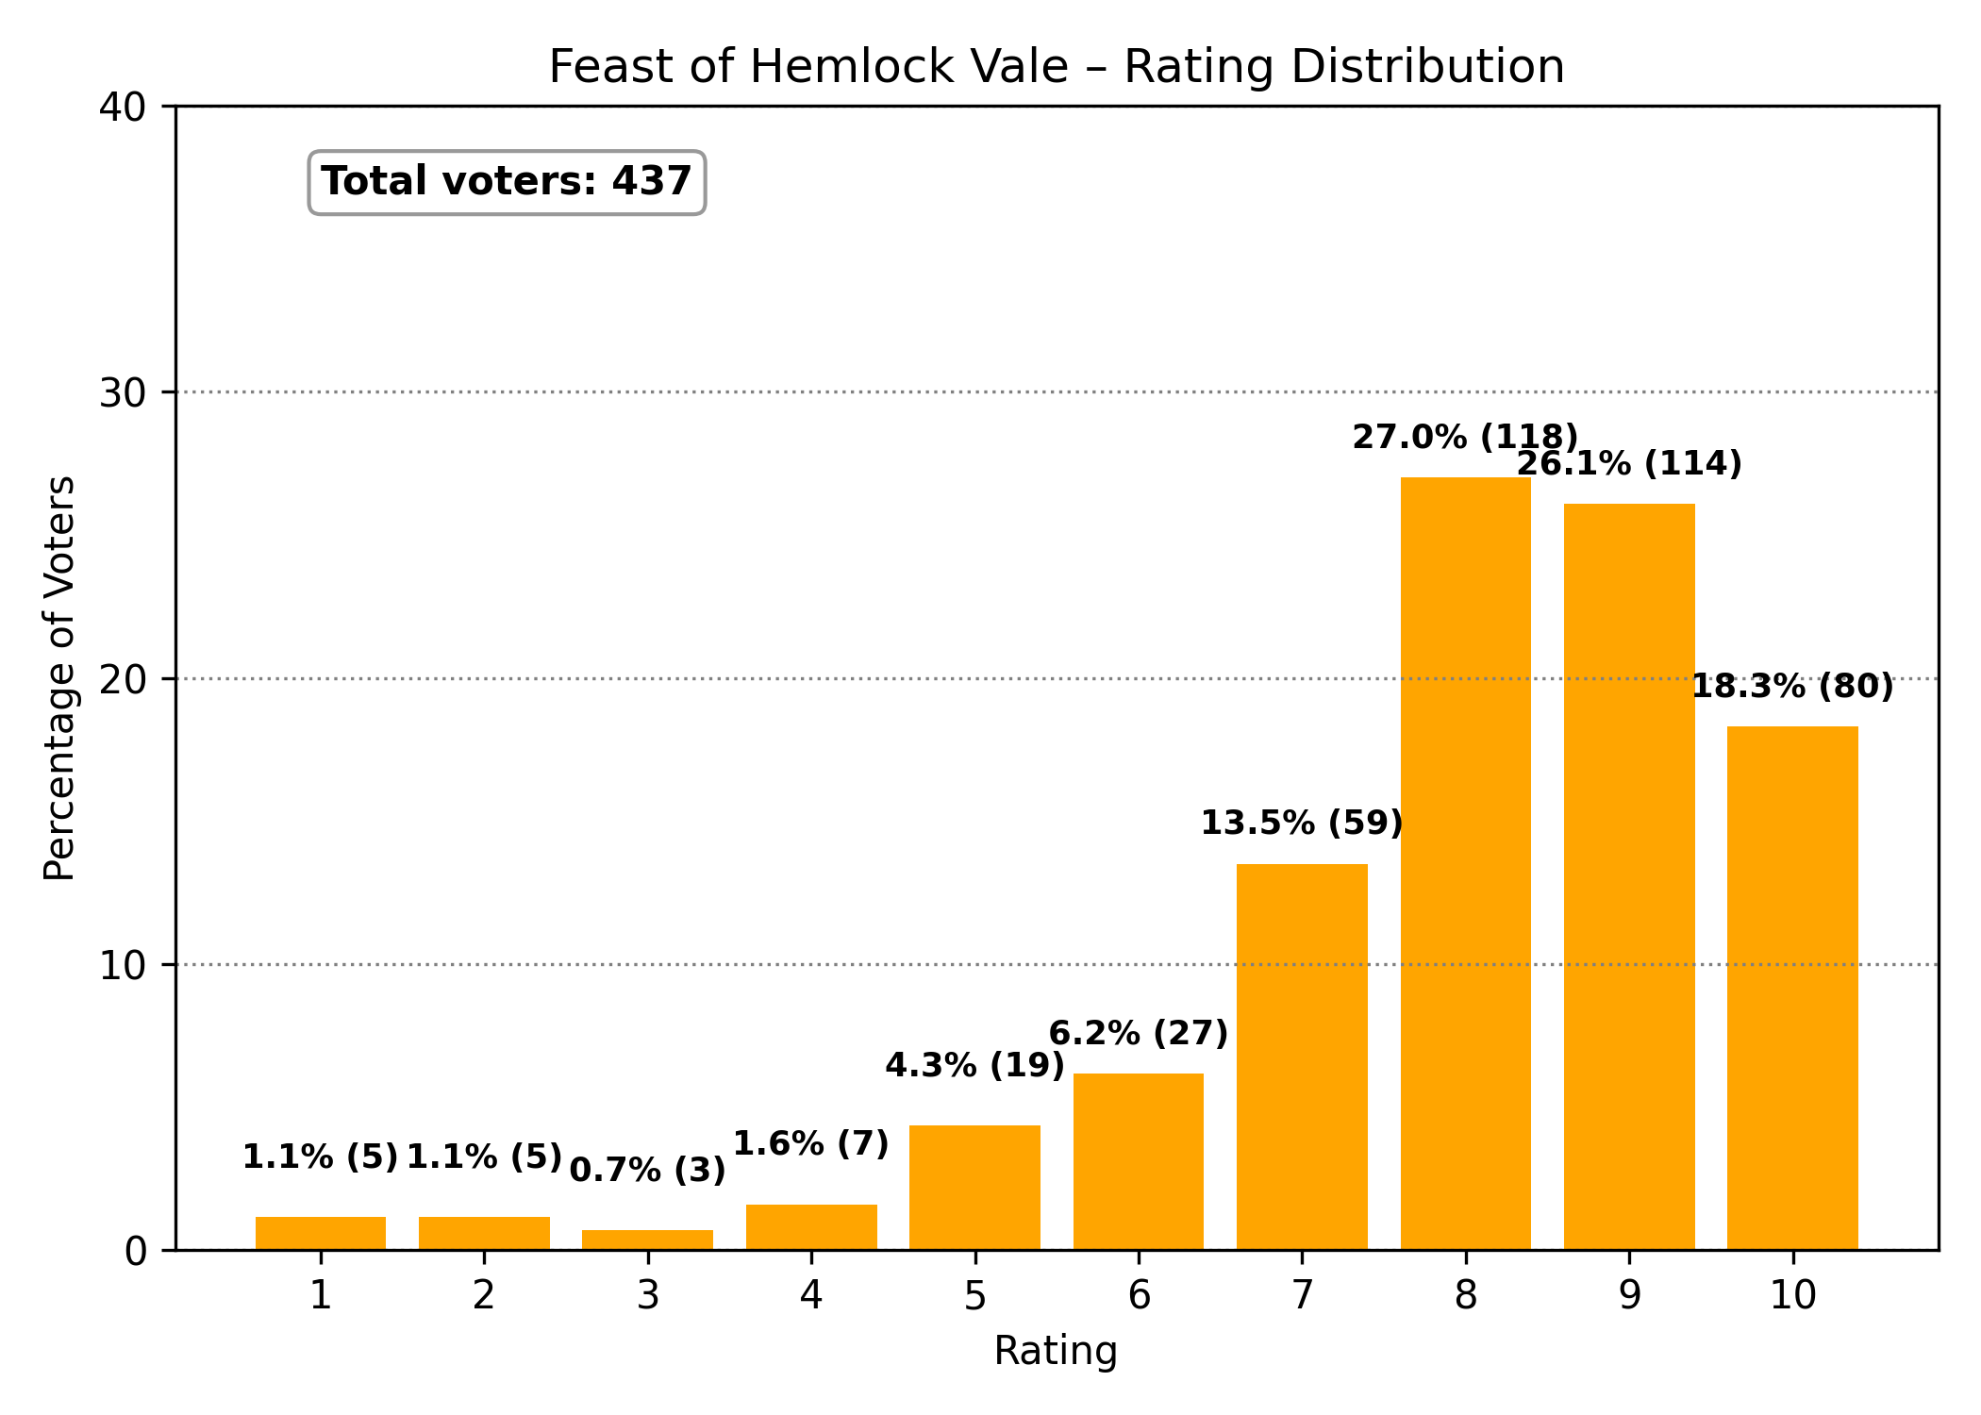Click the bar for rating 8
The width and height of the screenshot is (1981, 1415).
pos(1465,863)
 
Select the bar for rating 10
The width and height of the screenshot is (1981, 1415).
pos(1792,988)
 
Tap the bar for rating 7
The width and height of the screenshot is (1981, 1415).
pos(1302,1057)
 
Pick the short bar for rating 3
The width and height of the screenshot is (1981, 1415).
pos(647,1240)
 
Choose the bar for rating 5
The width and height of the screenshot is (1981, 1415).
pos(974,1187)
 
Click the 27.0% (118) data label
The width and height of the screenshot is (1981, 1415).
pos(1465,438)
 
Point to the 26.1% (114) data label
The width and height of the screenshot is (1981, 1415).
pos(1629,464)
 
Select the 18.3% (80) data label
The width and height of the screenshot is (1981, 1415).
pos(1792,687)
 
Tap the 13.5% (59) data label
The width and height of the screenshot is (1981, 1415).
pos(1302,824)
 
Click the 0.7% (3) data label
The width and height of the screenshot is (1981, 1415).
pos(647,1171)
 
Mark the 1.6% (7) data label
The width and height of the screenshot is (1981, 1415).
pos(811,1144)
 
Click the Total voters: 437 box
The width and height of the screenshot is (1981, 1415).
pos(507,182)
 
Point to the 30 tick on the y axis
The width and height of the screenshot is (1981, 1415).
pos(123,392)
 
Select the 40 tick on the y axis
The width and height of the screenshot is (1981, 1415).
pos(123,107)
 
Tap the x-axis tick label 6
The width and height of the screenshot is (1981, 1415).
pos(1139,1296)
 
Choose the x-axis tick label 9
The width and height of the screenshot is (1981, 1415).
pos(1629,1296)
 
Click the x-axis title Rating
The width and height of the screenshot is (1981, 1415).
pos(1056,1351)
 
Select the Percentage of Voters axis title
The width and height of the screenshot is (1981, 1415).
pos(60,677)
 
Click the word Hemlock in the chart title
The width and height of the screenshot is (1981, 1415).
pos(908,67)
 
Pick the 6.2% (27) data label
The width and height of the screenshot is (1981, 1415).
pos(1139,1034)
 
